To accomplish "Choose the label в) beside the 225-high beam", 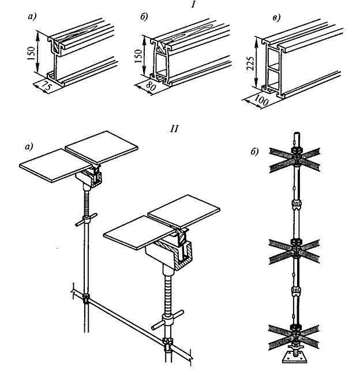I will (x=277, y=18).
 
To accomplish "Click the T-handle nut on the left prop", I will (x=87, y=221).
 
